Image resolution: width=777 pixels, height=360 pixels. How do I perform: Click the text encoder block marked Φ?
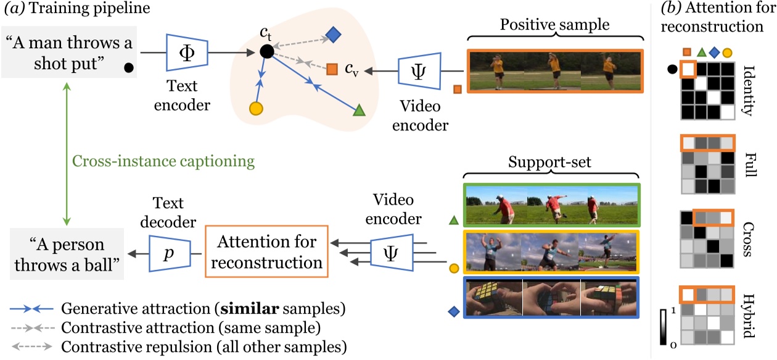tap(188, 53)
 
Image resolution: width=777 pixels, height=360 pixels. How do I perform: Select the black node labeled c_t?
tap(266, 52)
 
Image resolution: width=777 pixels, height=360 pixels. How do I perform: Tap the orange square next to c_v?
tap(332, 69)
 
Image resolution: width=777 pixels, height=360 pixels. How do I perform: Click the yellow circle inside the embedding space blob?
tap(256, 108)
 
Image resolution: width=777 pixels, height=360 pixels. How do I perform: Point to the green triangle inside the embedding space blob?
tap(359, 111)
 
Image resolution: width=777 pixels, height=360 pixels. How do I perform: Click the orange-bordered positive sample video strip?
tap(555, 70)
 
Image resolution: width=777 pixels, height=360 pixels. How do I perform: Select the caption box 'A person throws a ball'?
tap(67, 254)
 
